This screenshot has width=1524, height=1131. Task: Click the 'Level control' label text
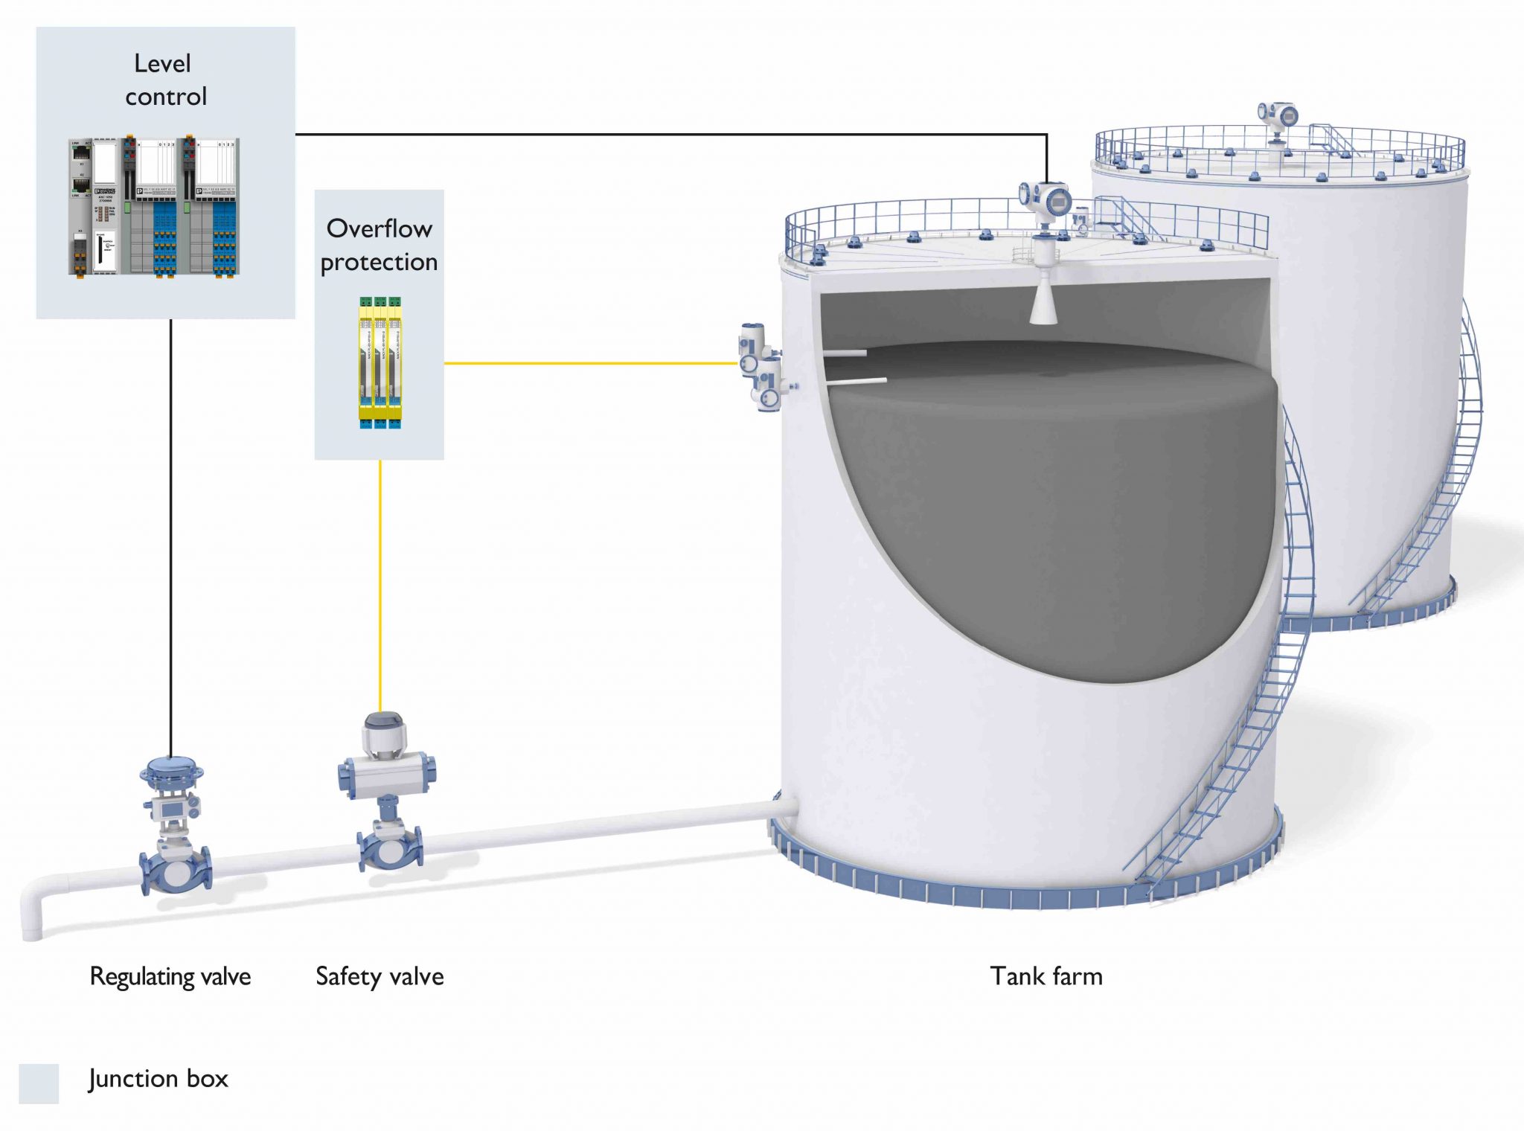tap(165, 80)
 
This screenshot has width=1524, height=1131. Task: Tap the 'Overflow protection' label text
tap(379, 245)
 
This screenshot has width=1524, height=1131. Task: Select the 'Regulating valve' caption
tap(170, 976)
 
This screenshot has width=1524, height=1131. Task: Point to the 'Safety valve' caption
tap(380, 976)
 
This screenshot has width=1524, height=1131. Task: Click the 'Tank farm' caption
tap(1046, 976)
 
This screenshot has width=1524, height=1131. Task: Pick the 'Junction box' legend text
tap(158, 1079)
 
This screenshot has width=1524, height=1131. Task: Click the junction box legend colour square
tap(39, 1083)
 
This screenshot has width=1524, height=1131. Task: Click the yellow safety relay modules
tap(380, 363)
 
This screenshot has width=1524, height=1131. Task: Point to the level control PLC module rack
tap(155, 207)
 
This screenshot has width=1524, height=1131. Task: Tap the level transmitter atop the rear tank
tap(1278, 118)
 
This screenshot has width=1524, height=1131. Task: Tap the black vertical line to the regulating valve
tap(170, 536)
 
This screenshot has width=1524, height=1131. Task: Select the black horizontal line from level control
tap(670, 134)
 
